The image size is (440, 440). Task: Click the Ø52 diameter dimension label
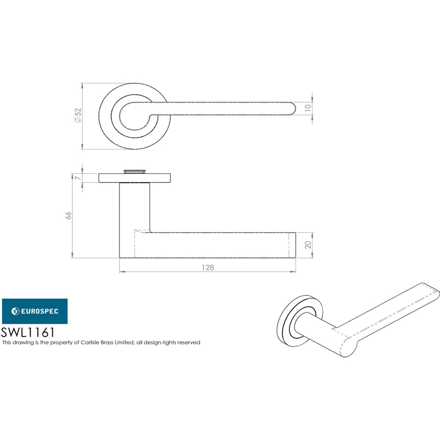(x=78, y=116)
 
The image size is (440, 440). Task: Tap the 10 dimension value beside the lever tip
(x=308, y=107)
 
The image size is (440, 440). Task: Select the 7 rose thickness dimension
(x=78, y=178)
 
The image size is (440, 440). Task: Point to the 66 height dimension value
(x=68, y=216)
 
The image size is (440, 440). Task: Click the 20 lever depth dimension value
(x=308, y=245)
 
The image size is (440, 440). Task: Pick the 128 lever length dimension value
(x=208, y=267)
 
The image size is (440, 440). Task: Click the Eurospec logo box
(x=35, y=311)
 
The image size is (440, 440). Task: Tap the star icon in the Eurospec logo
(x=15, y=311)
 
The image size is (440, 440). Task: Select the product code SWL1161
(x=28, y=333)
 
